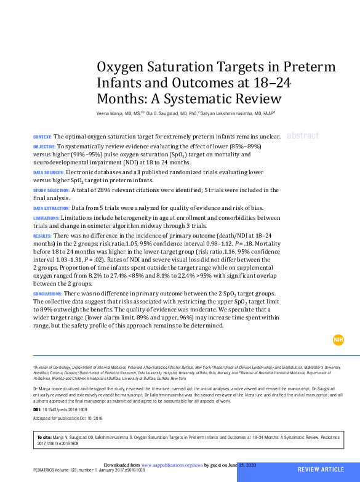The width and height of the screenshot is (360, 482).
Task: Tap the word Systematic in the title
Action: (x=203, y=98)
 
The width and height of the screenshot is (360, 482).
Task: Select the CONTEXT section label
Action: (x=42, y=136)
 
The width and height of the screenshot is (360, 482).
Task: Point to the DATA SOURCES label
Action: (x=48, y=173)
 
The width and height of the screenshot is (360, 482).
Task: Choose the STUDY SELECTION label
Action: (x=51, y=191)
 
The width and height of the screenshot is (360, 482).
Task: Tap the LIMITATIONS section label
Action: (x=46, y=218)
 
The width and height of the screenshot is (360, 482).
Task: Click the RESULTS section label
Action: (x=42, y=236)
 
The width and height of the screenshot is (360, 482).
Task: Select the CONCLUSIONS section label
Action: (x=47, y=295)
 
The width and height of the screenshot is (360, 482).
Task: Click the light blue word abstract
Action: (x=303, y=136)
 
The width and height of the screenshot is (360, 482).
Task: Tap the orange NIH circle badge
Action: (x=338, y=340)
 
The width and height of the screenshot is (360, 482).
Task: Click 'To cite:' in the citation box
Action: (x=44, y=437)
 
